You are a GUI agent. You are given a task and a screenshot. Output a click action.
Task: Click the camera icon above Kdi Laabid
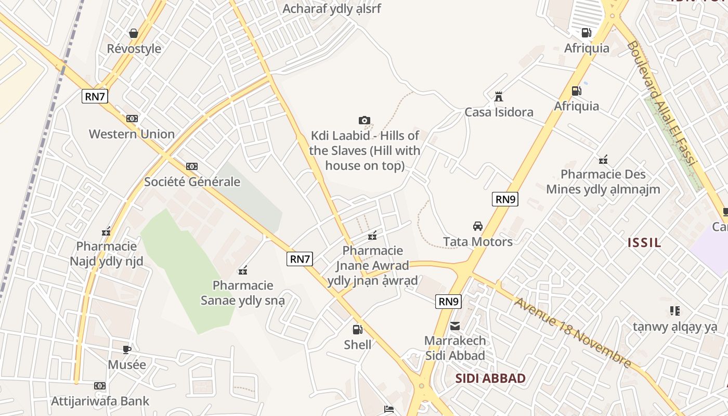tap(365, 121)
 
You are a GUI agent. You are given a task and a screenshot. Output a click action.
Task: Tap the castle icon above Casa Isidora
tap(499, 96)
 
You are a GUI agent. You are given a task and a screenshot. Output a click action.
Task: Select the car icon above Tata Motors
tap(477, 226)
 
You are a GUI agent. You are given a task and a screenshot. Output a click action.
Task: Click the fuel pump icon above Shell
tap(357, 329)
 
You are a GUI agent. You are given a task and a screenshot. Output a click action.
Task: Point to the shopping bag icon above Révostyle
tap(134, 33)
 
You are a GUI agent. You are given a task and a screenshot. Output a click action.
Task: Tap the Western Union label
tap(132, 134)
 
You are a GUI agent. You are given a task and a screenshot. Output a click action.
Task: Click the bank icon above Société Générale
tap(192, 166)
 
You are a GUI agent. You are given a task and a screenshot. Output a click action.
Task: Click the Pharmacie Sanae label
tap(243, 293)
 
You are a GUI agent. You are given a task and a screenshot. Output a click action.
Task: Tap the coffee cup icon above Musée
tap(127, 349)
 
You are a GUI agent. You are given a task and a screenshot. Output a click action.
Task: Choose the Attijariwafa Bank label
tap(100, 401)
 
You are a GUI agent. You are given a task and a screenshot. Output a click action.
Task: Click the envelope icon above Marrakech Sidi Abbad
tap(455, 326)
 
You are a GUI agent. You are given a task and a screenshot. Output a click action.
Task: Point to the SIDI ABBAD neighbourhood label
tap(490, 378)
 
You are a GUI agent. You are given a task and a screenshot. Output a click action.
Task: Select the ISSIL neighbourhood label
tap(644, 242)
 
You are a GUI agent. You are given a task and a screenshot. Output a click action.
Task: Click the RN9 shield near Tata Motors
tap(505, 199)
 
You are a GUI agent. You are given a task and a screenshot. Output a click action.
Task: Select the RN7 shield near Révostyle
tap(95, 96)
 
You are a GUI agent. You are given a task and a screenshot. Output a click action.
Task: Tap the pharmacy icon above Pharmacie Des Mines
tap(603, 159)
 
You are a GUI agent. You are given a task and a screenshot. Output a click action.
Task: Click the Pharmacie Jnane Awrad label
tap(372, 266)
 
